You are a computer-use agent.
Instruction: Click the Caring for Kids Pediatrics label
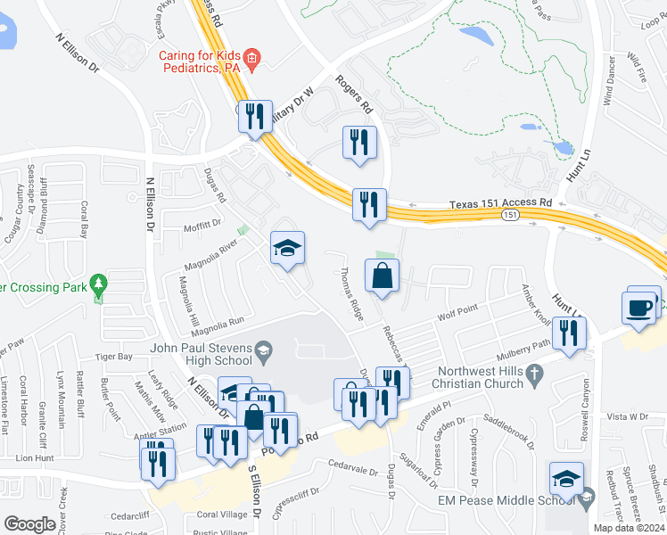[202, 62]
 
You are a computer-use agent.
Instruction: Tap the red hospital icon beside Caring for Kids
[252, 60]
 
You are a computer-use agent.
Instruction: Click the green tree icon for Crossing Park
[100, 285]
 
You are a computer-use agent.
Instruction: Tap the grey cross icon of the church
[535, 374]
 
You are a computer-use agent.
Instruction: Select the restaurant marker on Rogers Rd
[359, 143]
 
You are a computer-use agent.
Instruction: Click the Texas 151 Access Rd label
[500, 203]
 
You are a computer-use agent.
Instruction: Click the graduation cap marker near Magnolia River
[288, 249]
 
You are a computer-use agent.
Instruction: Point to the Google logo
[29, 524]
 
